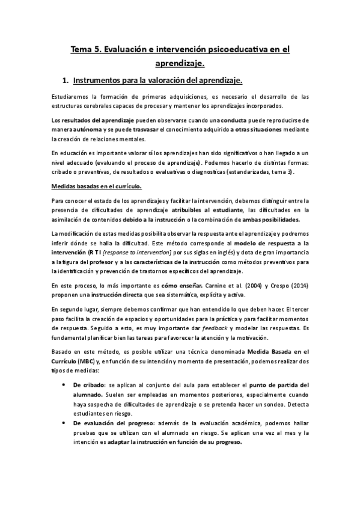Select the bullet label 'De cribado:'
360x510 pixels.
[x=90, y=384]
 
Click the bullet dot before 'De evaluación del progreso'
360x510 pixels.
[x=64, y=422]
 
